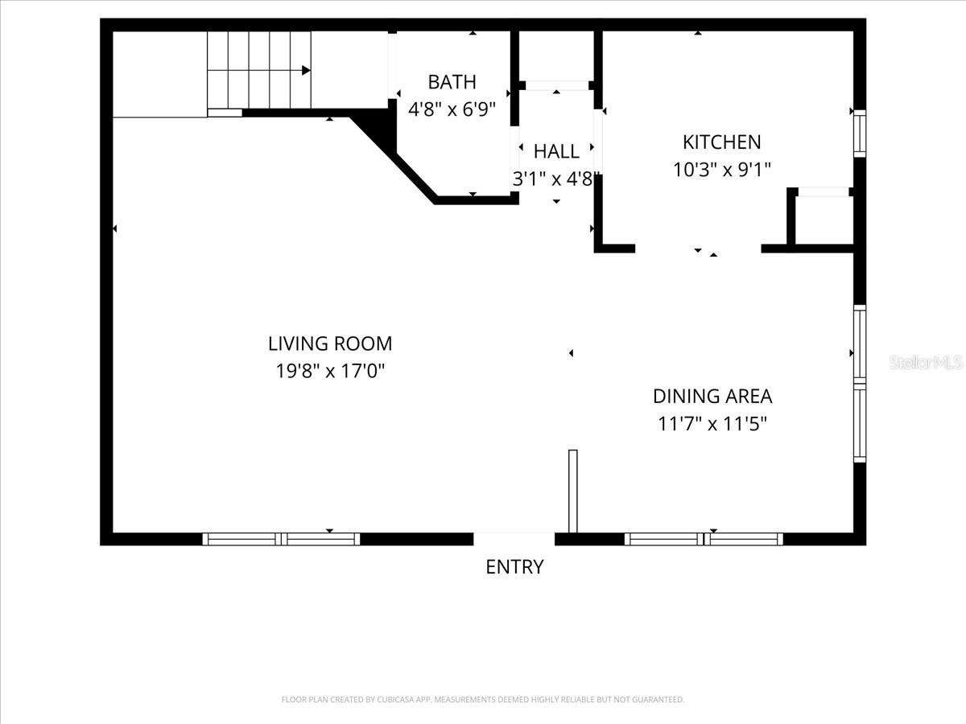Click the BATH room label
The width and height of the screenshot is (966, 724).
pyautogui.click(x=452, y=82)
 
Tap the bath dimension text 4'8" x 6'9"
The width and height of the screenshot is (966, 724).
pyautogui.click(x=452, y=109)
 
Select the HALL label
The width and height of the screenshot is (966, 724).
pyautogui.click(x=556, y=151)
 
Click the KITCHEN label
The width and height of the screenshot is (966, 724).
pyautogui.click(x=721, y=142)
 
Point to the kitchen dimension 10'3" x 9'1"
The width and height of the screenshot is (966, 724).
pyautogui.click(x=721, y=170)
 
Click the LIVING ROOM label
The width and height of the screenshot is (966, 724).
pyautogui.click(x=330, y=344)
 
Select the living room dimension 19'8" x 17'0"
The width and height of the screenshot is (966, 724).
pyautogui.click(x=330, y=372)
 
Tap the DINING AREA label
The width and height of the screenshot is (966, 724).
pyautogui.click(x=712, y=397)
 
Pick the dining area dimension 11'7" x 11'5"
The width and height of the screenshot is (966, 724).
pyautogui.click(x=712, y=424)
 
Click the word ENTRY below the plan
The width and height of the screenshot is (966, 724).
pyautogui.click(x=514, y=567)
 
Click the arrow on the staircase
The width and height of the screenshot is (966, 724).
pyautogui.click(x=306, y=71)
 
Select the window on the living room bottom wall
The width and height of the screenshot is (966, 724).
pyautogui.click(x=281, y=539)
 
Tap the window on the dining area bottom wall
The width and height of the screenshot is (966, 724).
pyautogui.click(x=704, y=539)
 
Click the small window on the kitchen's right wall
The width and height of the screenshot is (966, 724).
pyautogui.click(x=860, y=134)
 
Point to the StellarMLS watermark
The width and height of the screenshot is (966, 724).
pyautogui.click(x=926, y=363)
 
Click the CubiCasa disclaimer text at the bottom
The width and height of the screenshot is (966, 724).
pyautogui.click(x=483, y=700)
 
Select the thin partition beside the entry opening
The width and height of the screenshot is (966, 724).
pyautogui.click(x=573, y=491)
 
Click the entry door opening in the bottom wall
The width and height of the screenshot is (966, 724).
pyautogui.click(x=514, y=538)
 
